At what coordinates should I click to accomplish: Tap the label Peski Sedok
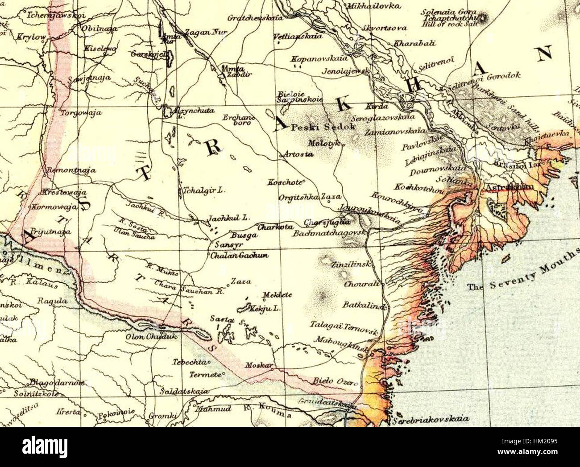(x=323, y=127)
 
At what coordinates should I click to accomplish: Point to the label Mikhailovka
(x=373, y=6)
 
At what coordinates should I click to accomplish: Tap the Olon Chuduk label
(x=151, y=337)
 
